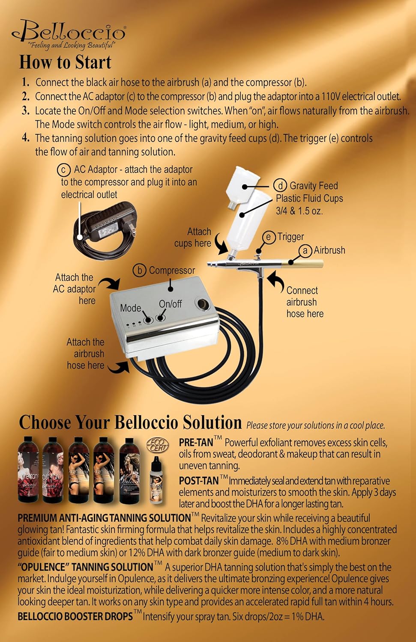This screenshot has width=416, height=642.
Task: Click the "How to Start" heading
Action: pyautogui.click(x=65, y=62)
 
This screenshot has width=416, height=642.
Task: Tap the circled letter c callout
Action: pyautogui.click(x=64, y=170)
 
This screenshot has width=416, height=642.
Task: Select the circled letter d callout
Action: pyautogui.click(x=280, y=186)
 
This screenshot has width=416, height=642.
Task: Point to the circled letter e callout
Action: pyautogui.click(x=269, y=237)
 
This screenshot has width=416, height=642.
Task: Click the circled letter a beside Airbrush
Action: pyautogui.click(x=305, y=250)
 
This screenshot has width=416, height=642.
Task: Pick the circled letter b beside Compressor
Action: pyautogui.click(x=140, y=270)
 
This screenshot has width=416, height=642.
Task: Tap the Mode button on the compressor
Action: pyautogui.click(x=148, y=320)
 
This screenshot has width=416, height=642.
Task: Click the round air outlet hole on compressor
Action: pyautogui.click(x=201, y=305)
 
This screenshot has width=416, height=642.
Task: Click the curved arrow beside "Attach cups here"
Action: pyautogui.click(x=222, y=247)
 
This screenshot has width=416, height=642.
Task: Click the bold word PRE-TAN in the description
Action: pyautogui.click(x=196, y=443)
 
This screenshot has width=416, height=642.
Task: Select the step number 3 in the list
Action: pyautogui.click(x=26, y=111)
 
